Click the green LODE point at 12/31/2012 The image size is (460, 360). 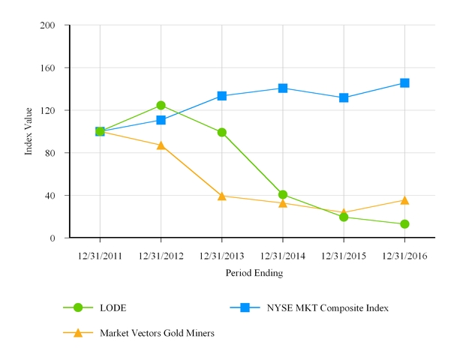pos(161,106)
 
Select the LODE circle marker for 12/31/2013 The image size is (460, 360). pos(222,133)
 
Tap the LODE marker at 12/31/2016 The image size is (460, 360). pos(404,224)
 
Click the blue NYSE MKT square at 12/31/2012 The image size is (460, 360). pos(161,120)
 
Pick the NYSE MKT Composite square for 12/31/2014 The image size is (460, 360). pos(283,88)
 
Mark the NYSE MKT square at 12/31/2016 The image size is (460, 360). pos(404,83)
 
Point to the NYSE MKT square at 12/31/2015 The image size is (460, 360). pos(344,98)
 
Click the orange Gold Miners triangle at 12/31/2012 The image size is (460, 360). pos(161,145)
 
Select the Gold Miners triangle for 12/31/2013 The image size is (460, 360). pos(222,196)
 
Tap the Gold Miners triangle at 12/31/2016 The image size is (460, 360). pos(404,200)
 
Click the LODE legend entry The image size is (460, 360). pos(113,307)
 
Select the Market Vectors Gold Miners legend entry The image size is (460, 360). pos(157,333)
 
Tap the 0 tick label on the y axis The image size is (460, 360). pos(53,238)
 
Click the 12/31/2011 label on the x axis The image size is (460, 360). pos(100,256)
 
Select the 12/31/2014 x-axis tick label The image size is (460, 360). pos(283,256)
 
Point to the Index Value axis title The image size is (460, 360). pos(29,131)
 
